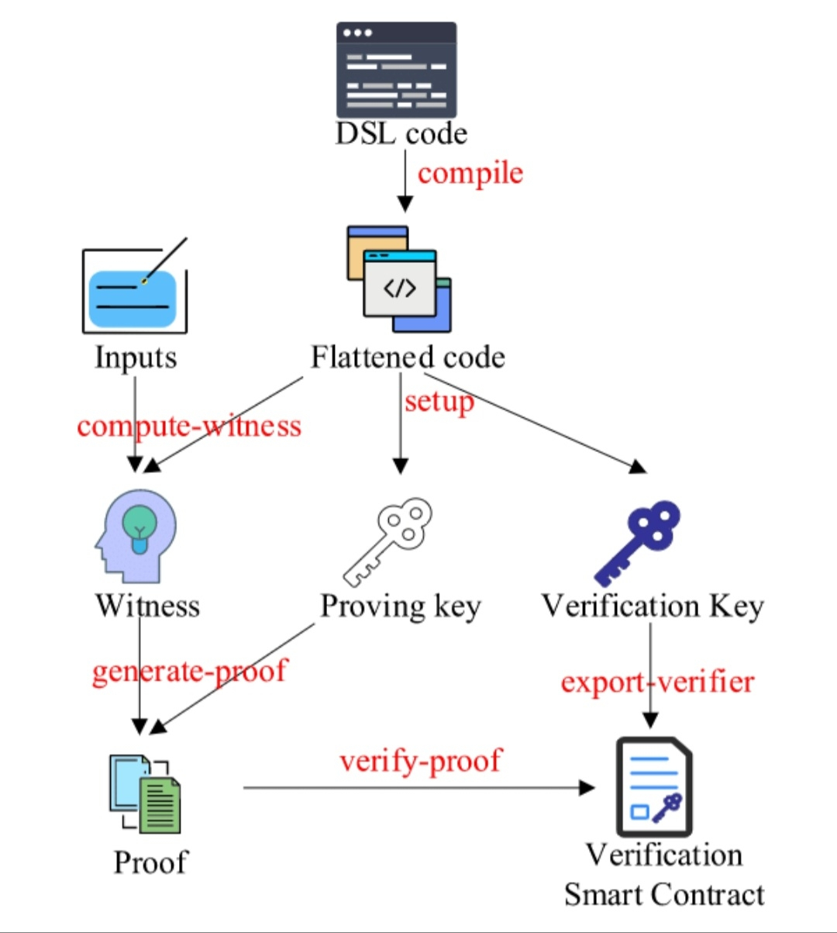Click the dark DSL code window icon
pyautogui.click(x=396, y=70)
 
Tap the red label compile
pyautogui.click(x=470, y=175)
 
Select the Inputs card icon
pyautogui.click(x=135, y=285)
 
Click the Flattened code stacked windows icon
pyautogui.click(x=399, y=278)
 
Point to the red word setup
pyautogui.click(x=439, y=403)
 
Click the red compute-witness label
pyautogui.click(x=189, y=427)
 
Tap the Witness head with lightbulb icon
pyautogui.click(x=136, y=536)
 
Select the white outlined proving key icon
pyautogui.click(x=387, y=542)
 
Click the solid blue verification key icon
pyautogui.click(x=637, y=544)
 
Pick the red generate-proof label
pyautogui.click(x=190, y=672)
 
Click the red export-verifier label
pyautogui.click(x=657, y=682)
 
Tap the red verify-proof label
pyautogui.click(x=421, y=760)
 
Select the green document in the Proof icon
pyautogui.click(x=160, y=805)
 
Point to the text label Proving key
pyautogui.click(x=401, y=607)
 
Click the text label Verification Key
pyautogui.click(x=653, y=607)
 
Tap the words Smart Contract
pyautogui.click(x=664, y=895)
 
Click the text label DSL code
pyautogui.click(x=401, y=134)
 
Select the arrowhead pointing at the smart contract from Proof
pyautogui.click(x=587, y=788)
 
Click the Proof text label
pyautogui.click(x=150, y=862)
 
